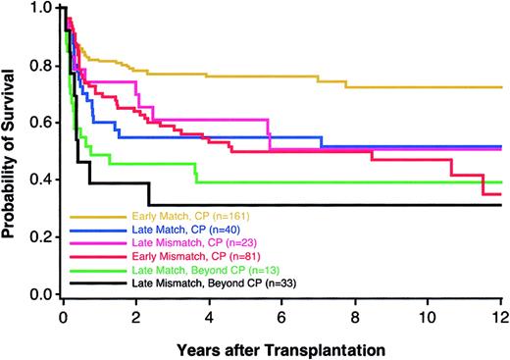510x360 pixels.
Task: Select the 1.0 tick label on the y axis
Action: [41, 9]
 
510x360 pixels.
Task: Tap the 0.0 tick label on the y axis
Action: [41, 294]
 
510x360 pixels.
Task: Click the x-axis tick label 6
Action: [280, 316]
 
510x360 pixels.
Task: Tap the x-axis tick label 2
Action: [135, 316]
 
